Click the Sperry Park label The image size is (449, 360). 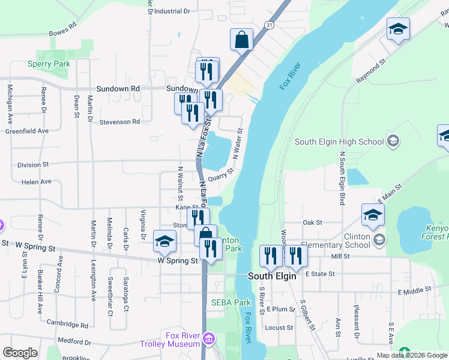pyautogui.click(x=49, y=64)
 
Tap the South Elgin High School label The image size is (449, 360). pyautogui.click(x=339, y=142)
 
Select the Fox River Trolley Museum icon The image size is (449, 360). pyautogui.click(x=208, y=340)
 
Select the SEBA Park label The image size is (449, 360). pyautogui.click(x=231, y=303)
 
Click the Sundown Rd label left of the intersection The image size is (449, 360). pyautogui.click(x=118, y=88)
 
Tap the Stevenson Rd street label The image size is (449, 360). pyautogui.click(x=119, y=122)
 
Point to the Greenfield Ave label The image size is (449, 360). pyautogui.click(x=26, y=131)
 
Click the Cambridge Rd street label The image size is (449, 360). pyautogui.click(x=68, y=325)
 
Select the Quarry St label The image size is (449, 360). pyautogui.click(x=220, y=173)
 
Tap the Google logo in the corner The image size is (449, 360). pyautogui.click(x=20, y=353)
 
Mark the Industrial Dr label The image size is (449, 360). pyautogui.click(x=172, y=11)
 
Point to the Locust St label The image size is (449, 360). pyautogui.click(x=279, y=328)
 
